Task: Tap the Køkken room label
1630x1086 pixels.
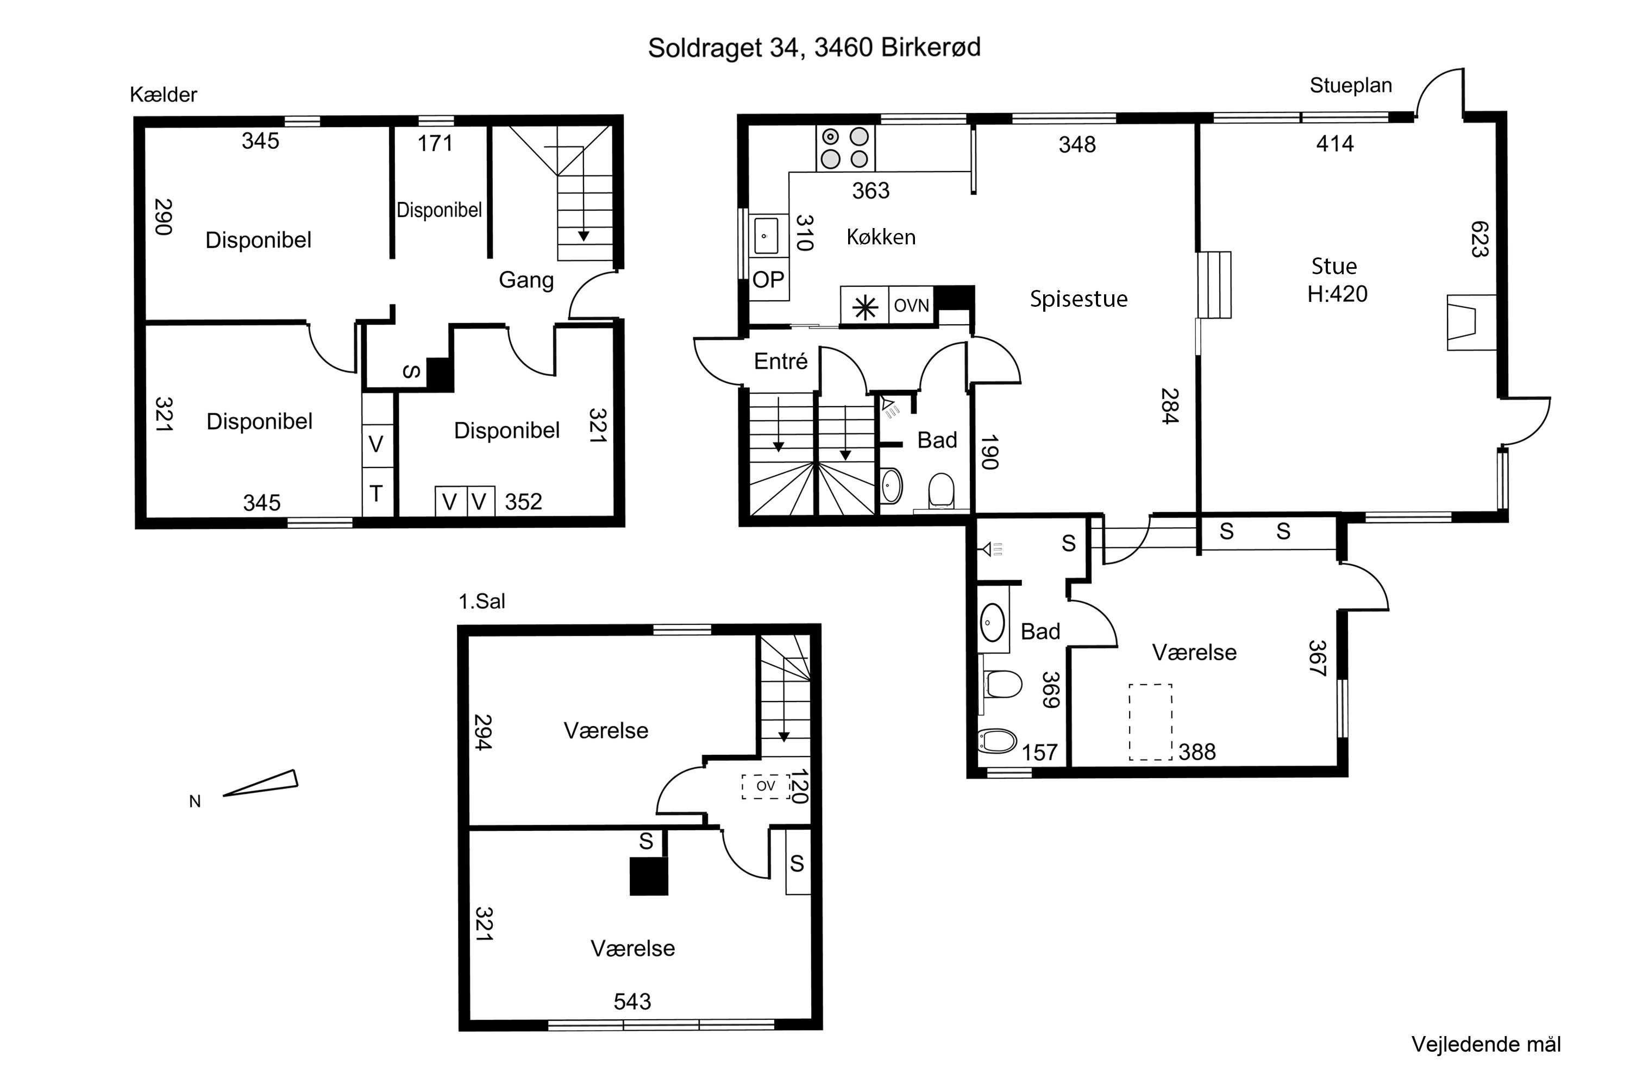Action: (881, 237)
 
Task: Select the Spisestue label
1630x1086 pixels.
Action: (1079, 299)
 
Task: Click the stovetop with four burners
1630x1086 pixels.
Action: (845, 148)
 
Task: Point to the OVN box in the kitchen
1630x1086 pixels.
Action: (911, 305)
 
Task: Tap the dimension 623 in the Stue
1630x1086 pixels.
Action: (1479, 239)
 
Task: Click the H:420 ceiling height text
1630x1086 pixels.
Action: (1337, 294)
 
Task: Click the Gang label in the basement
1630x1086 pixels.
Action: (526, 280)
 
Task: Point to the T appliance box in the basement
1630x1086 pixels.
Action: (377, 493)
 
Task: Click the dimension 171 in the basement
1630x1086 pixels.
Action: (435, 143)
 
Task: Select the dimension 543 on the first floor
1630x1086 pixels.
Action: (632, 1001)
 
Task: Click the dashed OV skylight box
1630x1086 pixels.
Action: (766, 786)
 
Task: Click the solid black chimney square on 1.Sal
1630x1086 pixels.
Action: (649, 876)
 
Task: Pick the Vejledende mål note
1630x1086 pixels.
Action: (1486, 1044)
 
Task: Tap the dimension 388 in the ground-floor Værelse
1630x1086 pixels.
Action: (1197, 752)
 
